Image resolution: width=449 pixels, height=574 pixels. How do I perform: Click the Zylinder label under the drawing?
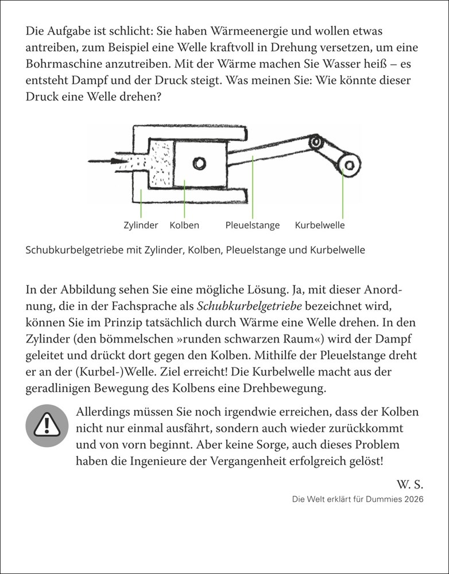click(x=141, y=225)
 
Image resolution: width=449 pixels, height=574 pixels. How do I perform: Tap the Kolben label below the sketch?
click(x=184, y=225)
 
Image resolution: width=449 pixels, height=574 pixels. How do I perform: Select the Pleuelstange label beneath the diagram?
click(x=253, y=225)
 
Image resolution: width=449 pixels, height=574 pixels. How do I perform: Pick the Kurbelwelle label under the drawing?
click(x=320, y=225)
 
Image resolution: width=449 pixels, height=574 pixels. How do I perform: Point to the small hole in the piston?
click(x=199, y=164)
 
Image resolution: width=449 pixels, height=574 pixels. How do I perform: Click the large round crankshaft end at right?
click(x=348, y=164)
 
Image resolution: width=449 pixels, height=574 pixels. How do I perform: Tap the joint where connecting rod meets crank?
click(x=315, y=141)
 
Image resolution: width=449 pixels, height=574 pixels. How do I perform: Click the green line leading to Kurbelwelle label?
click(x=343, y=195)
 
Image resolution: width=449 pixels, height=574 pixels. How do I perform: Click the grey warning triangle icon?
click(x=47, y=425)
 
